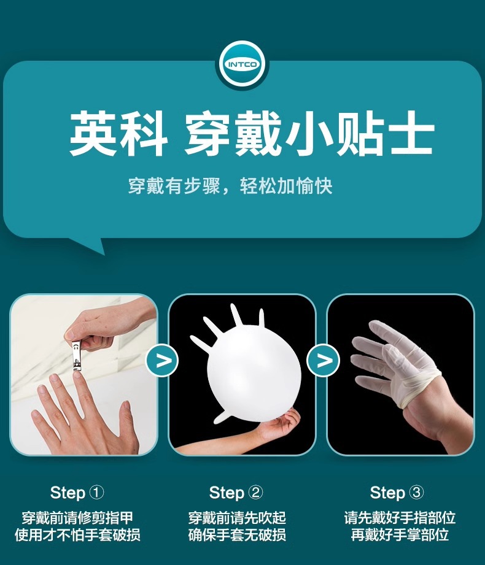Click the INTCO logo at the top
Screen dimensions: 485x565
point(243,65)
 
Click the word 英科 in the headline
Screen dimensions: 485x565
point(118,133)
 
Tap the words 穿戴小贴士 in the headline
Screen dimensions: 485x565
point(309,133)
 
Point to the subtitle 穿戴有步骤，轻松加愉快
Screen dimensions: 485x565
point(230,186)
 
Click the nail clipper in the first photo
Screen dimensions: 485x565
point(77,355)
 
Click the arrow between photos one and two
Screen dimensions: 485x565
point(162,360)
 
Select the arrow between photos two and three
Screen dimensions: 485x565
point(323,360)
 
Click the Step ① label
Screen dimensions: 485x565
point(77,493)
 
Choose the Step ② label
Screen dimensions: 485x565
point(236,493)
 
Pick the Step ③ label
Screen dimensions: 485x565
point(397,493)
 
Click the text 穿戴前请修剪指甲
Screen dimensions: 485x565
point(77,518)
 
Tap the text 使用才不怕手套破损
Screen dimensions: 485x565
point(77,535)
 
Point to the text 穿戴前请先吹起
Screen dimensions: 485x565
point(237,518)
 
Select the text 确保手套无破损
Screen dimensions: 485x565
point(237,535)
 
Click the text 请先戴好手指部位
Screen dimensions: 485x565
point(400,518)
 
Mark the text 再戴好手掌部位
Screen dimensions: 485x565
point(400,535)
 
